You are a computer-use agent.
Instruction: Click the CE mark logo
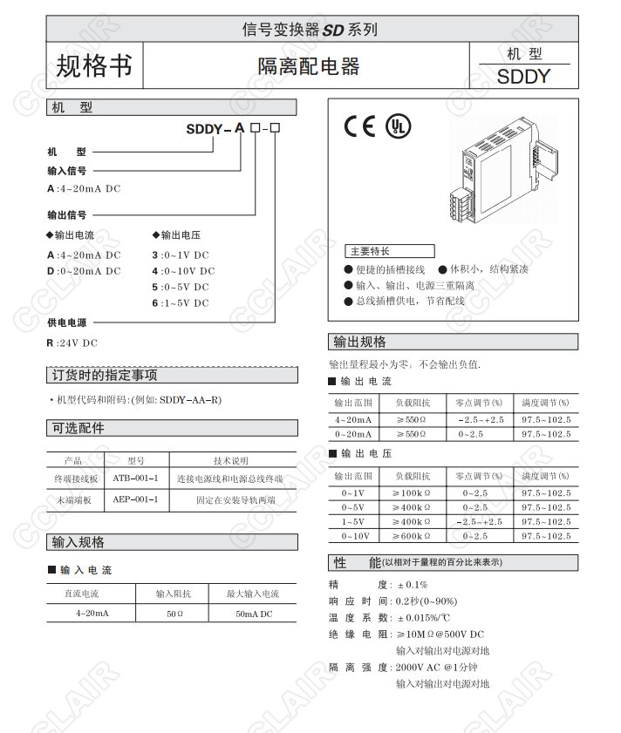[x=360, y=127]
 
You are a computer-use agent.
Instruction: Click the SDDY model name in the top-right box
[x=523, y=76]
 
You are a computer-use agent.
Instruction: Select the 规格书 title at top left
[x=93, y=65]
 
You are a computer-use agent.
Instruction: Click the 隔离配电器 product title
[x=308, y=66]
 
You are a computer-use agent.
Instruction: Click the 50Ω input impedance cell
[x=174, y=614]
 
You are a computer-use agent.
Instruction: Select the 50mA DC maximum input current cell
[x=253, y=614]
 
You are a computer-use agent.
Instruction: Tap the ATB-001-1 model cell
[x=135, y=478]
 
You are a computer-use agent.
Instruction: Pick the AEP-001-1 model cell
[x=135, y=500]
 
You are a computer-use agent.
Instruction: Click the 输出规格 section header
[x=359, y=342]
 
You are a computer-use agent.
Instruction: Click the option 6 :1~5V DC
[x=181, y=303]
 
